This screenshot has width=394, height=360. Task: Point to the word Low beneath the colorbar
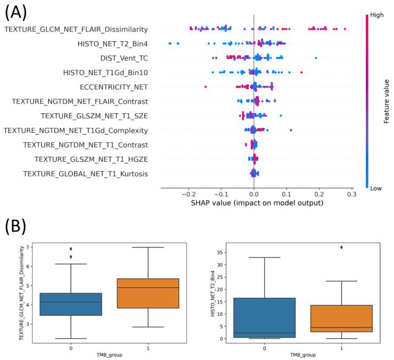[376, 187]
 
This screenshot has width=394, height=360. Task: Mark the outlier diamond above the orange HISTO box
[341, 247]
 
